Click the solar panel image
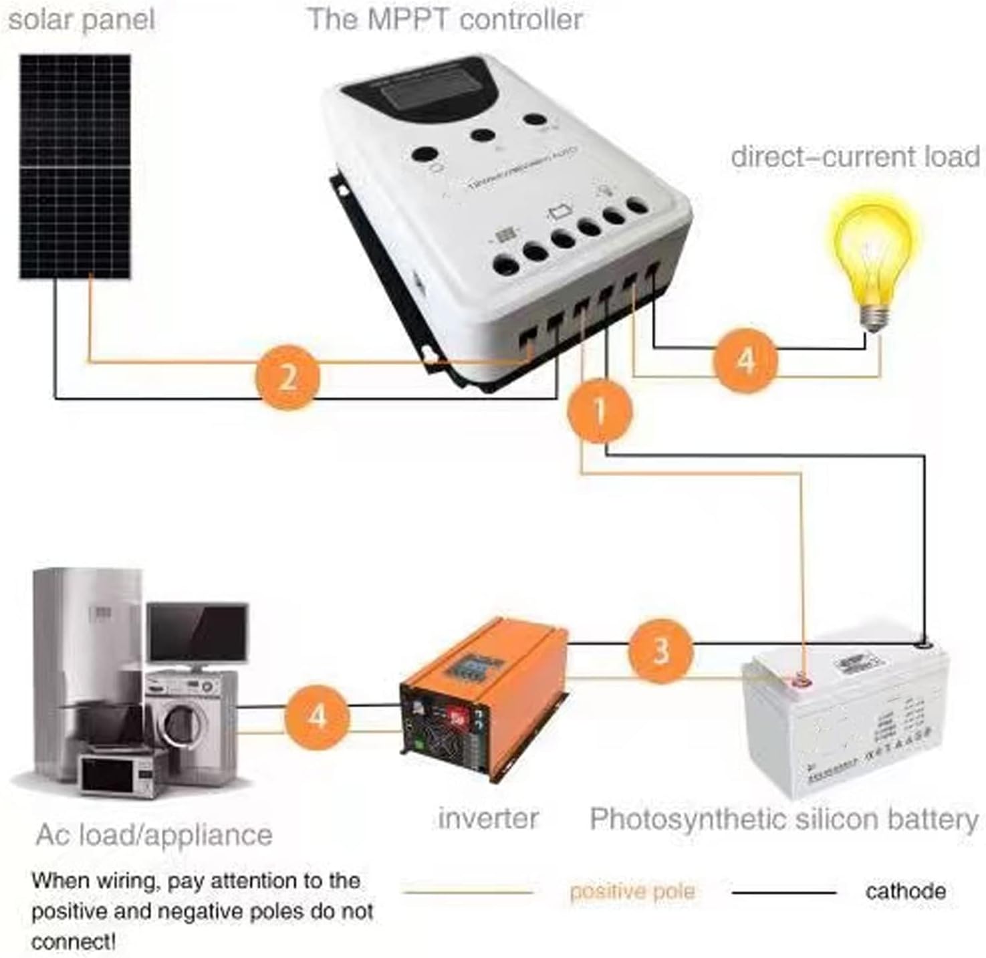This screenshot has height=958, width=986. coord(75,166)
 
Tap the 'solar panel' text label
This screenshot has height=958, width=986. coord(81,19)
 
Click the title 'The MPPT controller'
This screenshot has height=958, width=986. coord(445,19)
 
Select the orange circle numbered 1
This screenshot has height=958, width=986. coord(599,410)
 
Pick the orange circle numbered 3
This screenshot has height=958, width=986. coord(660,650)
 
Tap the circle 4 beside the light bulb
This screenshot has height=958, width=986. coord(745,361)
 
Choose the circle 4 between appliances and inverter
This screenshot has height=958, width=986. coord(317,716)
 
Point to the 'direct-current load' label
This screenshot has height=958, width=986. coord(855,157)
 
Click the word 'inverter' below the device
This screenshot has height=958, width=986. coord(488,818)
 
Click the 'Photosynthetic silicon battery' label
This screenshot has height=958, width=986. coord(783,819)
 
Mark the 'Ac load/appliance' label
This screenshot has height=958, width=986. coord(154,835)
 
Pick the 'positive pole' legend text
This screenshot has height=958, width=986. coord(632,891)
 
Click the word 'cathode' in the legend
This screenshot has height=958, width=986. coord(905,891)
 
